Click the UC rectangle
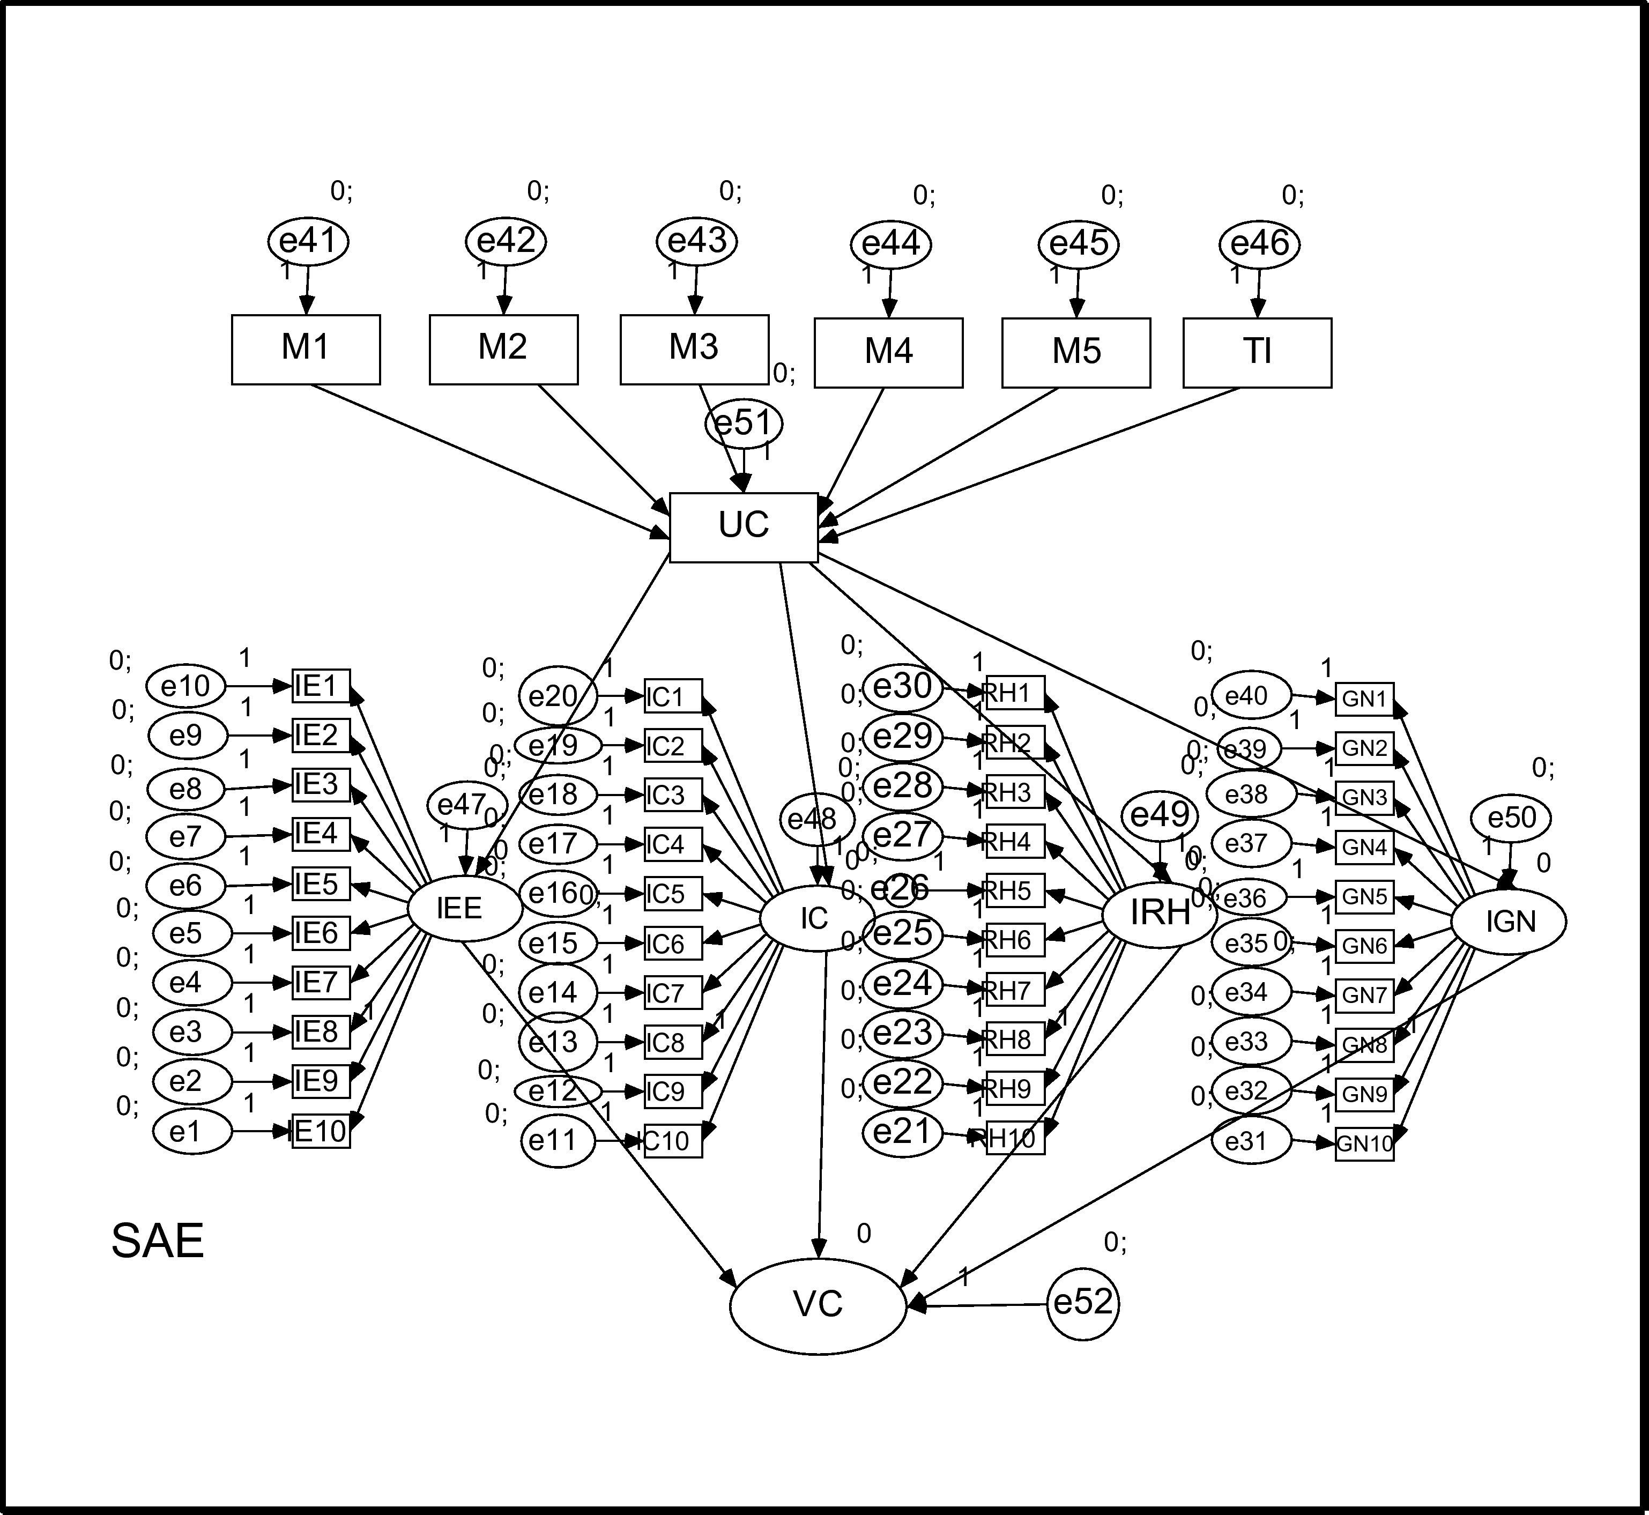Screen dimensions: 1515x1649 click(x=744, y=527)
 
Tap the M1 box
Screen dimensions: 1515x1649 click(x=306, y=349)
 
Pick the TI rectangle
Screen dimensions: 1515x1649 click(x=1257, y=353)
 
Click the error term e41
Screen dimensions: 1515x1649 click(x=308, y=241)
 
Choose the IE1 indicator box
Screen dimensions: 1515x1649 click(x=321, y=686)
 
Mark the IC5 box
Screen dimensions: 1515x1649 click(x=673, y=894)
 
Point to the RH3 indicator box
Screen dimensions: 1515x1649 click(x=1015, y=793)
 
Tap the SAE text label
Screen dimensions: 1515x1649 click(x=158, y=1241)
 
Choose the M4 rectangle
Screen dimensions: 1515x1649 click(x=888, y=353)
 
